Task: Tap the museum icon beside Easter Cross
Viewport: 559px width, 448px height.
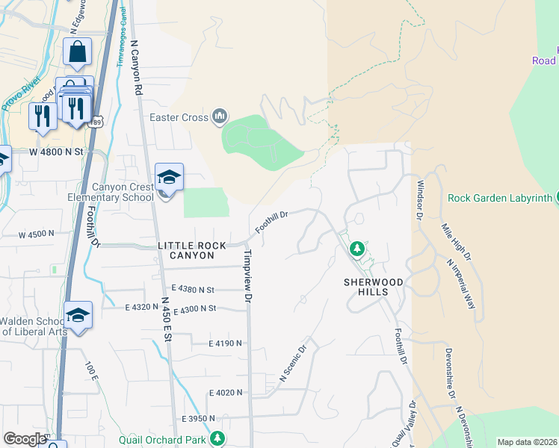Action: coord(220,116)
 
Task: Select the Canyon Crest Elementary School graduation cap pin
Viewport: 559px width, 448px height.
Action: coord(169,178)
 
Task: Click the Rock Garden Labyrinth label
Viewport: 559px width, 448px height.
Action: coord(500,198)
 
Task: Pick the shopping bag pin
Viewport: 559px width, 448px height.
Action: coord(77,53)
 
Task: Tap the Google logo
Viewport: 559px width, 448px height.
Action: coord(25,439)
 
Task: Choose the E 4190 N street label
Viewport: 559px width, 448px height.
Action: coord(226,343)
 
